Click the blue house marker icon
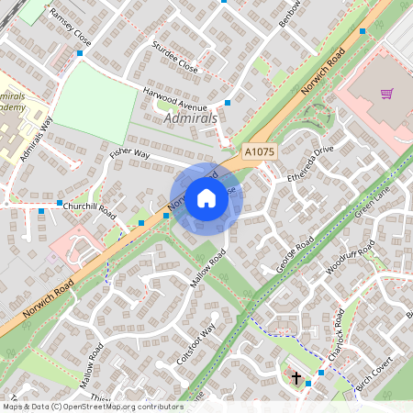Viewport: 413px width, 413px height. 206,198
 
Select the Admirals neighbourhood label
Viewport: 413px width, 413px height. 190,118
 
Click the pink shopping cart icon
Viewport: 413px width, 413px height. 386,93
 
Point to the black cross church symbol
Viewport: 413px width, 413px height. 296,376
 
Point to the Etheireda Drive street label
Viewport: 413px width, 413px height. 310,162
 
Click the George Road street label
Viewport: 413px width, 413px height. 296,254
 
